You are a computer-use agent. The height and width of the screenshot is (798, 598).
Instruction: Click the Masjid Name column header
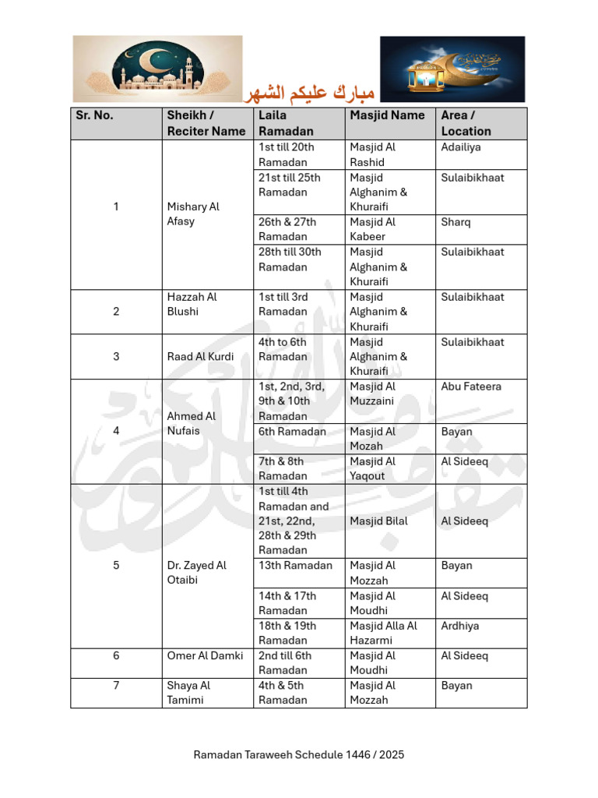click(387, 115)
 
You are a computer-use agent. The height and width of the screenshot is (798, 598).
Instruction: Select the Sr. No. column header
click(94, 115)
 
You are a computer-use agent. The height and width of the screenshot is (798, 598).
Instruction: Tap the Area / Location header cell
click(466, 123)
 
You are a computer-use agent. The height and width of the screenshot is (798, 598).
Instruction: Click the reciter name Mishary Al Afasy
click(193, 214)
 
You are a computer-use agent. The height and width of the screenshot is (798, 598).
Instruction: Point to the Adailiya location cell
click(461, 147)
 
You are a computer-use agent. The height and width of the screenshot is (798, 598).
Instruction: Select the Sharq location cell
click(456, 222)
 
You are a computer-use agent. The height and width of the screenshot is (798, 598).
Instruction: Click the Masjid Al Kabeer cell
click(373, 229)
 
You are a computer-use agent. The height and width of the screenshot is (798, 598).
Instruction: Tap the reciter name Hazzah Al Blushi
click(192, 304)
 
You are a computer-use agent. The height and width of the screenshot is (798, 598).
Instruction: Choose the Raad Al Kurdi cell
click(200, 356)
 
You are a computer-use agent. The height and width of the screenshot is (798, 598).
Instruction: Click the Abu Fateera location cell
click(471, 387)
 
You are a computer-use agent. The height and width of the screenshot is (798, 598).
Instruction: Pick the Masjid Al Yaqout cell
click(373, 468)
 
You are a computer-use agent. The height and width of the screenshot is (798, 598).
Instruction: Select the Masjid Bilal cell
click(378, 521)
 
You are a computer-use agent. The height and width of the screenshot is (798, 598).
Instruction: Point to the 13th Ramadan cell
click(295, 566)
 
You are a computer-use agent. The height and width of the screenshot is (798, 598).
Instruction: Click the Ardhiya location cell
click(460, 626)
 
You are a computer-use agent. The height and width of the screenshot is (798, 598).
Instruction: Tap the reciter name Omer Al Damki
click(205, 655)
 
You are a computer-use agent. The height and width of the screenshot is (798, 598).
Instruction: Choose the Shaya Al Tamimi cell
click(189, 693)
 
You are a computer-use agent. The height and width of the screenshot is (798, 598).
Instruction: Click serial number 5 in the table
click(116, 566)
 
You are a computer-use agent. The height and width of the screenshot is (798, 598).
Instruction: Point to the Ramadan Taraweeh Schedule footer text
click(299, 754)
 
